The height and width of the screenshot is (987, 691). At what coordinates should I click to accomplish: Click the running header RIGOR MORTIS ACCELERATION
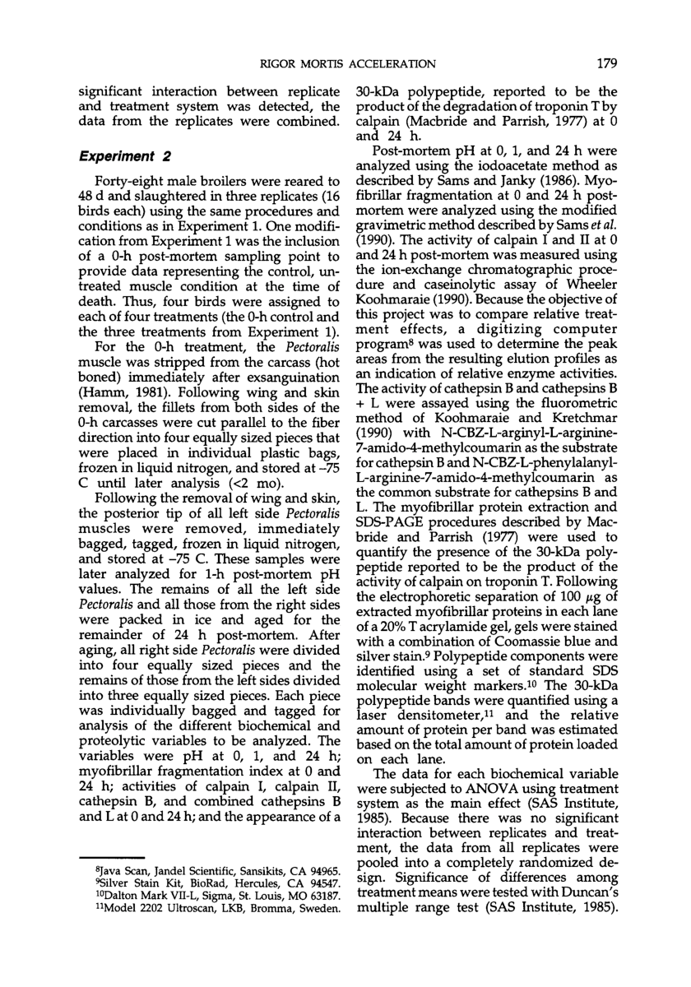point(347,63)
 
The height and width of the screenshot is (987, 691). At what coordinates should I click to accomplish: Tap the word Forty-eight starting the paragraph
point(130,181)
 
